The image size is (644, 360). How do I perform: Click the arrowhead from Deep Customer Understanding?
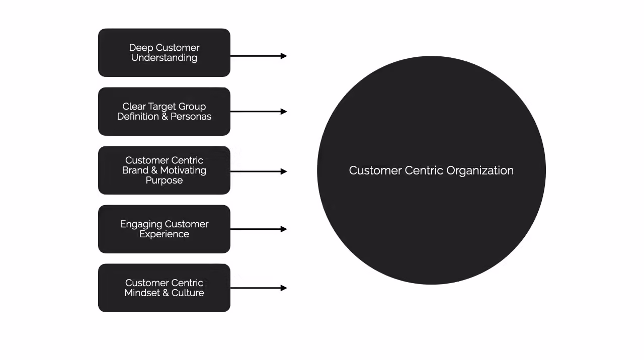click(x=284, y=56)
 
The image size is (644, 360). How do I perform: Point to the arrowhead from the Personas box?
click(x=284, y=112)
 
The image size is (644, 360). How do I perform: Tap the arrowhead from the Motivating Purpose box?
click(x=284, y=171)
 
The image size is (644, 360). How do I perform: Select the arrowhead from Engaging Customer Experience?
click(x=284, y=229)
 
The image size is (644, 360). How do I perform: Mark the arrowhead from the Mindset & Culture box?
click(x=284, y=288)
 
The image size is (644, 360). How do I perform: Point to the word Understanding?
click(x=164, y=58)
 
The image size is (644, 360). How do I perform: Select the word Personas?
click(x=191, y=117)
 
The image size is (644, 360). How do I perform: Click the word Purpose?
click(x=164, y=181)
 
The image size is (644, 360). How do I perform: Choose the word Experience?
click(x=164, y=234)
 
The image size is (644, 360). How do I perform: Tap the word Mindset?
click(x=142, y=293)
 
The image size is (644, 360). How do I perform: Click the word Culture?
click(x=188, y=293)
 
